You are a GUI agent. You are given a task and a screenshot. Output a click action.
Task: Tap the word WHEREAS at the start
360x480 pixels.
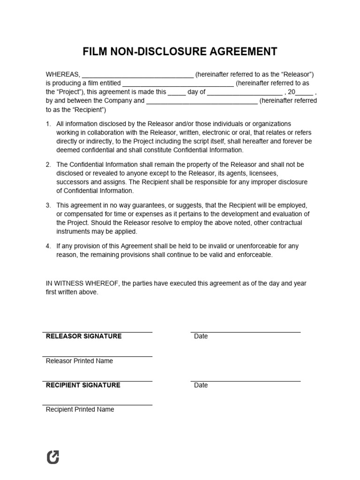coord(63,75)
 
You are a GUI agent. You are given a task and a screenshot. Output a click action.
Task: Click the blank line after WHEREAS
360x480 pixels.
coord(138,75)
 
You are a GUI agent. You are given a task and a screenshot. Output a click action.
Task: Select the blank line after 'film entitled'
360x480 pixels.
coord(178,84)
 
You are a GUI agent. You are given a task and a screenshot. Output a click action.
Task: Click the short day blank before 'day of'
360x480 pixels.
coord(177,92)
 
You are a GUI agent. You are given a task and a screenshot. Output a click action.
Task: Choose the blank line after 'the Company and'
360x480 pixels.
coord(202,101)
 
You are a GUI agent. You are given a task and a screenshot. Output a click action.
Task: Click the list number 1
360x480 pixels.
coord(48,124)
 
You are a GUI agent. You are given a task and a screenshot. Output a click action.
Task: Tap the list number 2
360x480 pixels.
coord(48,165)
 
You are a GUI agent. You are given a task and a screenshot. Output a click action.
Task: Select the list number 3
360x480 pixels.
coord(48,206)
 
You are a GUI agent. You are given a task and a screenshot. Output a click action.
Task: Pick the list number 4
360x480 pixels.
coord(48,246)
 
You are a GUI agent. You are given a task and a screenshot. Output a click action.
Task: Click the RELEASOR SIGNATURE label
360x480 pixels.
coord(83,336)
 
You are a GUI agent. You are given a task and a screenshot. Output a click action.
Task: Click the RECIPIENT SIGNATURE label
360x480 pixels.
coord(83,385)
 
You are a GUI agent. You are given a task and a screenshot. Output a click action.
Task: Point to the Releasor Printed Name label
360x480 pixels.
coord(79,361)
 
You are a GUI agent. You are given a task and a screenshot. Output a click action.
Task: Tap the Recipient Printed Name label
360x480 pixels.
coord(80,409)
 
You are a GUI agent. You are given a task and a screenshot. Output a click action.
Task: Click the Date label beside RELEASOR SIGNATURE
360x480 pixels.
coord(201,336)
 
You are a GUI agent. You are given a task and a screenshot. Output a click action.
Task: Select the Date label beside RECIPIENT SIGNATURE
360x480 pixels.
coord(201,385)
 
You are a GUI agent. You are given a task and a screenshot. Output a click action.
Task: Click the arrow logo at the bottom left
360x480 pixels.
coord(53,457)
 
